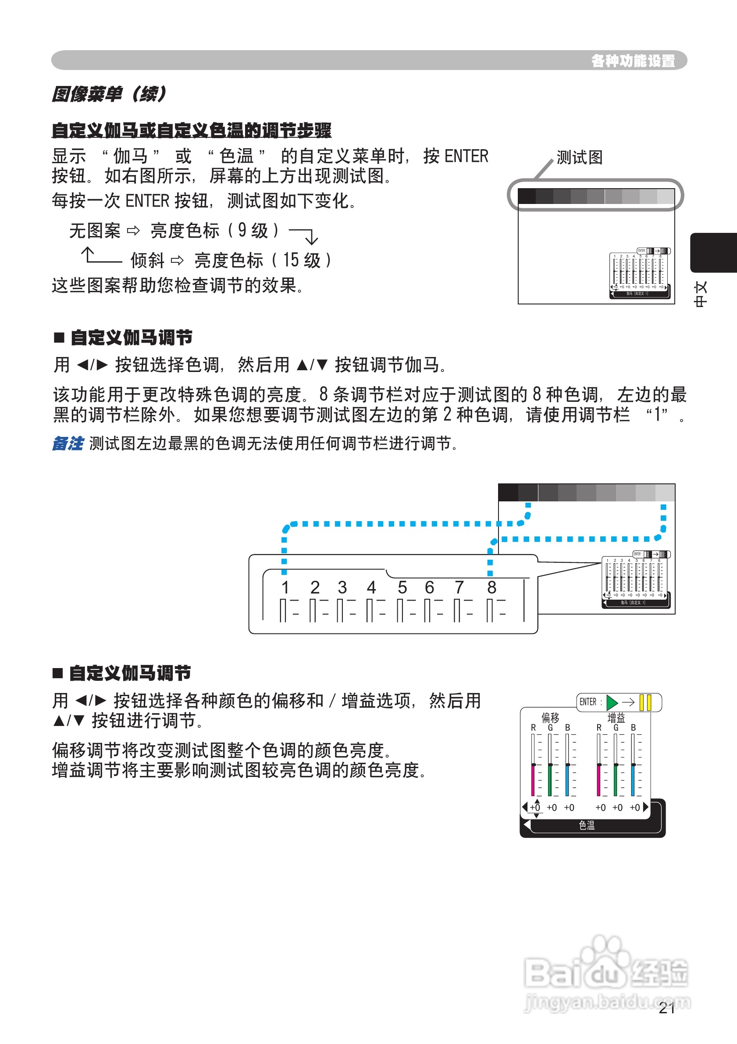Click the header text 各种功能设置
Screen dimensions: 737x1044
(633, 61)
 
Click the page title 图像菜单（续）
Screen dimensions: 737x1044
(109, 94)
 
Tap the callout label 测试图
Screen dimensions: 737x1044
(579, 158)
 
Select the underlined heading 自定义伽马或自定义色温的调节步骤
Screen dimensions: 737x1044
(191, 131)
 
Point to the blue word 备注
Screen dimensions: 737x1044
(68, 443)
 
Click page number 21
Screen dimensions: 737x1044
(666, 1008)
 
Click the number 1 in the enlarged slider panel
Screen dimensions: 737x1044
(285, 587)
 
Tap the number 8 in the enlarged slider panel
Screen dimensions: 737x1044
(491, 587)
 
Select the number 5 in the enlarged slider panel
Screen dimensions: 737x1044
(402, 587)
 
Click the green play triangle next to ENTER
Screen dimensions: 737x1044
(612, 702)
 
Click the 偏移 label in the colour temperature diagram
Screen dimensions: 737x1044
(550, 718)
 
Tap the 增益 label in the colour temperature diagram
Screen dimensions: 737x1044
(616, 718)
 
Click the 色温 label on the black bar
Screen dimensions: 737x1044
(587, 825)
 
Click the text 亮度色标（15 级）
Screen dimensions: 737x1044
(263, 261)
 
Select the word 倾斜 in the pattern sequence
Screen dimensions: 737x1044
(147, 261)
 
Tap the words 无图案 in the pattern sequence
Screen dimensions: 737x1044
(95, 231)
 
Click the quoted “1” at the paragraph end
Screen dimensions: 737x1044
(658, 415)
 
